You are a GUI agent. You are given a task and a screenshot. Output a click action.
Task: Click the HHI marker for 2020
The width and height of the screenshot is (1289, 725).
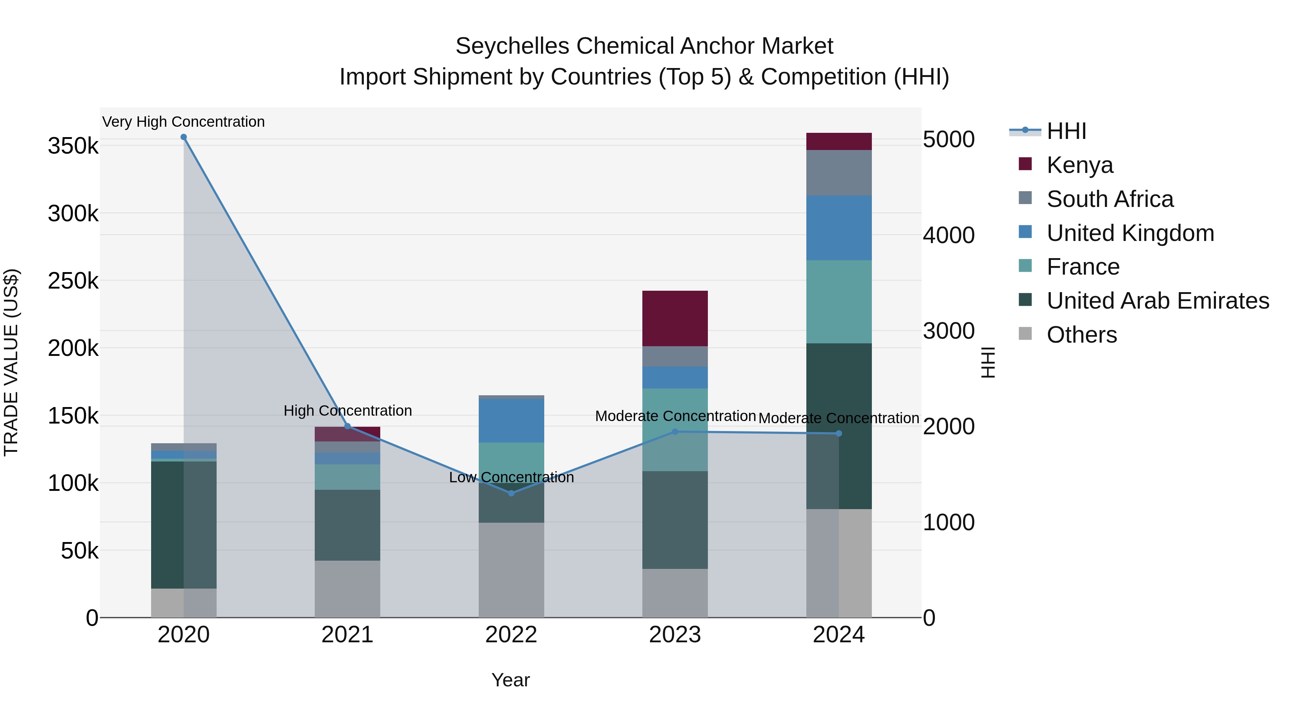[184, 137]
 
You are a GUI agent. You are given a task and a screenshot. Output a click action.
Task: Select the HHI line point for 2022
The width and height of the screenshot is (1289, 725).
[511, 493]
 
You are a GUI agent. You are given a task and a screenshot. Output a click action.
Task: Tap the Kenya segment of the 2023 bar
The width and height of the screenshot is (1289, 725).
[675, 318]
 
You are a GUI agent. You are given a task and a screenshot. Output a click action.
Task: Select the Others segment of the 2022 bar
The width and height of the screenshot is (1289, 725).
[511, 570]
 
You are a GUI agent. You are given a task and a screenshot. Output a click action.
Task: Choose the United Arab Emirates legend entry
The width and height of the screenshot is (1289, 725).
[1157, 301]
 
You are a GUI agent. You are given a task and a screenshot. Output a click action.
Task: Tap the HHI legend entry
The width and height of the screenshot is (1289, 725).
[1066, 131]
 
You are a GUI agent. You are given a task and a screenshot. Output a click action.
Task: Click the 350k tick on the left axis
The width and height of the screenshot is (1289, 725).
[73, 146]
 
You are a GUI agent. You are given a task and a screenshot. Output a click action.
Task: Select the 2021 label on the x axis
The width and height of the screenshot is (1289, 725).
[347, 635]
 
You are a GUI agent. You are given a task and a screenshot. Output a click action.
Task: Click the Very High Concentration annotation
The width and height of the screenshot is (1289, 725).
[184, 122]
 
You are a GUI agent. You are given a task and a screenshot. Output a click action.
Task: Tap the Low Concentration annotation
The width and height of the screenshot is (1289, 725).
[511, 477]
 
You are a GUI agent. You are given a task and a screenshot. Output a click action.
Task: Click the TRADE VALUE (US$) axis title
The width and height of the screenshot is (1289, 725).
[11, 362]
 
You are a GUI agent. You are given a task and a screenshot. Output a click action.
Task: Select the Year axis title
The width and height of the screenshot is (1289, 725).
[510, 680]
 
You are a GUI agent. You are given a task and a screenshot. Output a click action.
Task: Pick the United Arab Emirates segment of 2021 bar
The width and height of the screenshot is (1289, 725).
[347, 525]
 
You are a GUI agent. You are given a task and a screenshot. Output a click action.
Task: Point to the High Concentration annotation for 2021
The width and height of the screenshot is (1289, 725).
[347, 411]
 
